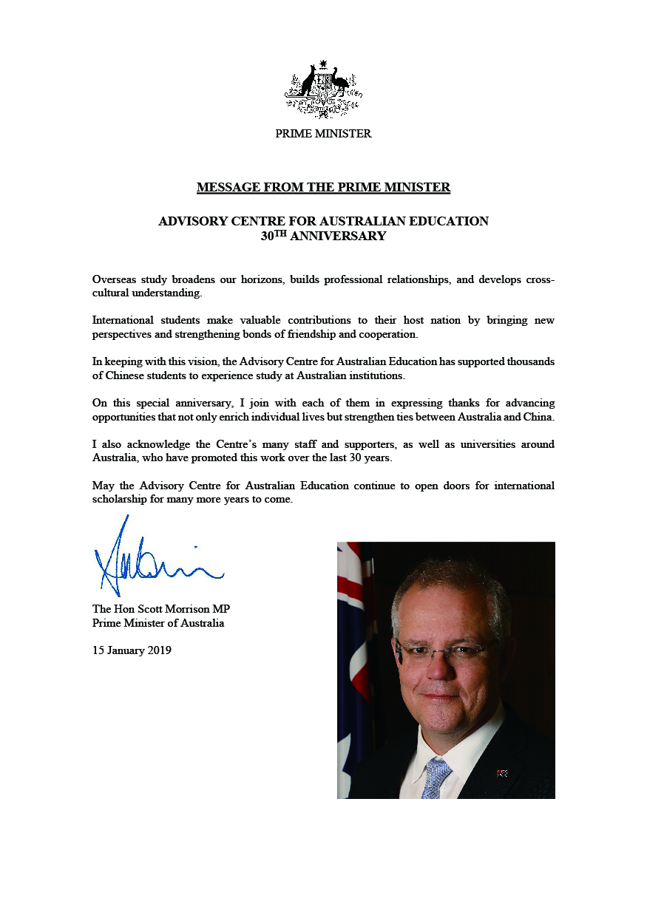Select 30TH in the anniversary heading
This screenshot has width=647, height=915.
pyautogui.click(x=273, y=236)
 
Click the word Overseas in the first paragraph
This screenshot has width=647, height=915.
pyautogui.click(x=114, y=280)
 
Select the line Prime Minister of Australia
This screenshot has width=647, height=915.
pyautogui.click(x=158, y=623)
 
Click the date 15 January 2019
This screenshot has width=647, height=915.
pyautogui.click(x=132, y=651)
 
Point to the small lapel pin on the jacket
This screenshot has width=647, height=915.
pyautogui.click(x=503, y=774)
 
